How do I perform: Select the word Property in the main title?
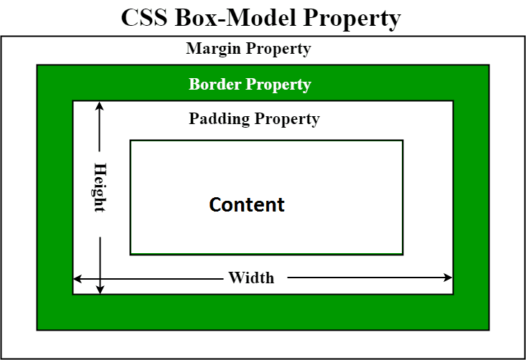(x=352, y=18)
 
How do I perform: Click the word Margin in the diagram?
(x=213, y=49)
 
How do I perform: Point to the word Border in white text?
(x=215, y=85)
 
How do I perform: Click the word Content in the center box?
(x=247, y=204)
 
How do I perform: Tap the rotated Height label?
(x=100, y=187)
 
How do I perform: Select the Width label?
(x=251, y=278)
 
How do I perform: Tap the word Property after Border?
(x=278, y=85)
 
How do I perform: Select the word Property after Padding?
(x=287, y=118)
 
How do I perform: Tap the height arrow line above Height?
(x=100, y=133)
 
